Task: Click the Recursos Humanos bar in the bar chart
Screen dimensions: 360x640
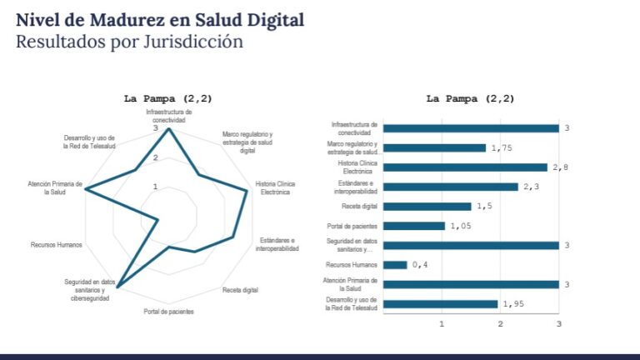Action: coord(395,265)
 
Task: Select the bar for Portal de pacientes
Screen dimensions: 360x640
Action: coord(414,226)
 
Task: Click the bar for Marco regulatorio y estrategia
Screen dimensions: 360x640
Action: coord(434,147)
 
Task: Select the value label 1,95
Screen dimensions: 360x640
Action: coord(515,304)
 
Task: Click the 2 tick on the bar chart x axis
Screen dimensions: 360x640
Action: coord(500,323)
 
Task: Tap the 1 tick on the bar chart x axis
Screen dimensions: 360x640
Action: coord(442,323)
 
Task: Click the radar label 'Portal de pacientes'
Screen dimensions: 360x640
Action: coord(168,312)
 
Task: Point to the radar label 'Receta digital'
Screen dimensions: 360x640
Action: coord(240,290)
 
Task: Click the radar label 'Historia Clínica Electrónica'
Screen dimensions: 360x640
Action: coord(275,187)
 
